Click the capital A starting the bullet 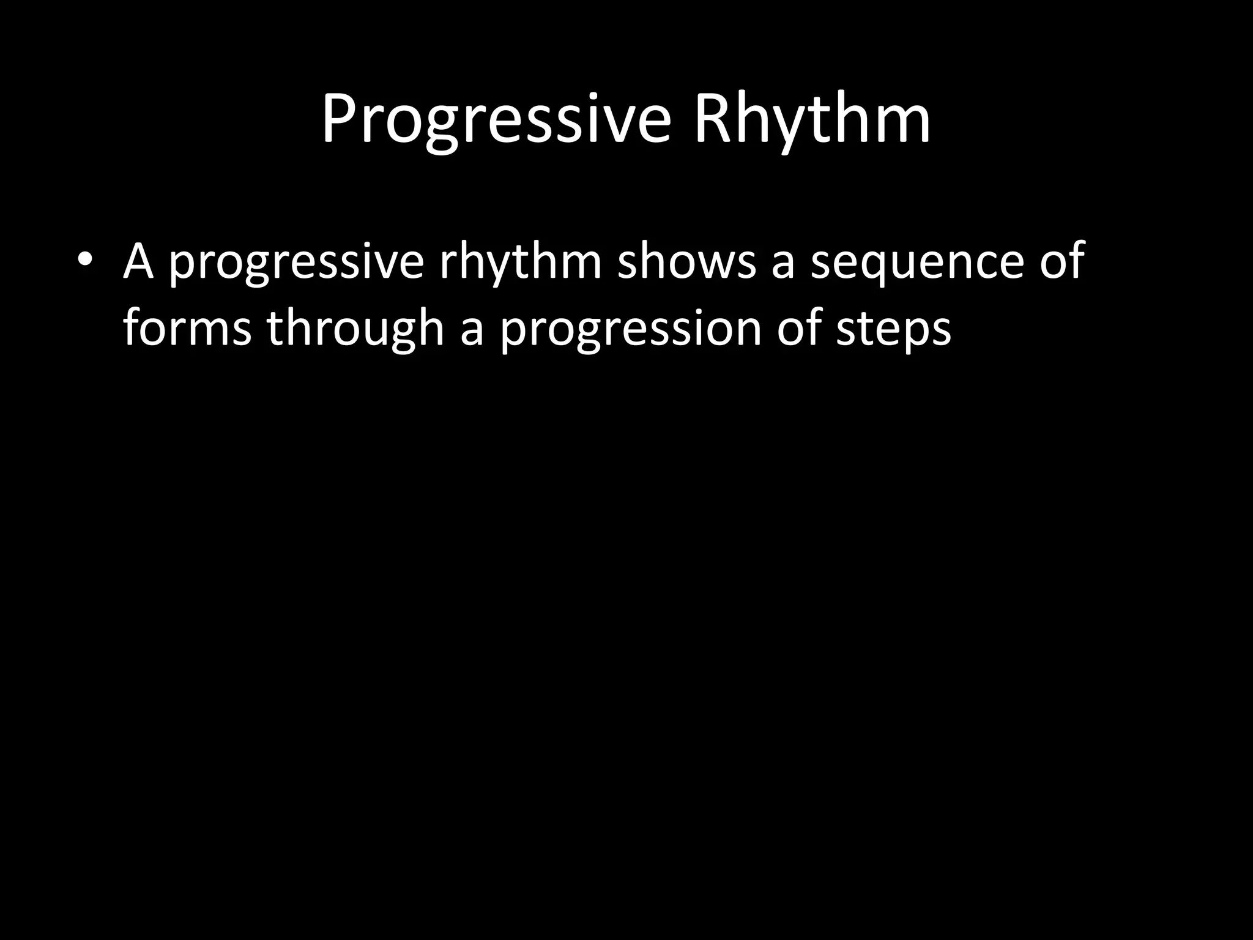coord(138,259)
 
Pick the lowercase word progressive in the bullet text coord(296,263)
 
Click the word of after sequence coord(1062,259)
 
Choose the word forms coord(187,328)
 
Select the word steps coord(893,331)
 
